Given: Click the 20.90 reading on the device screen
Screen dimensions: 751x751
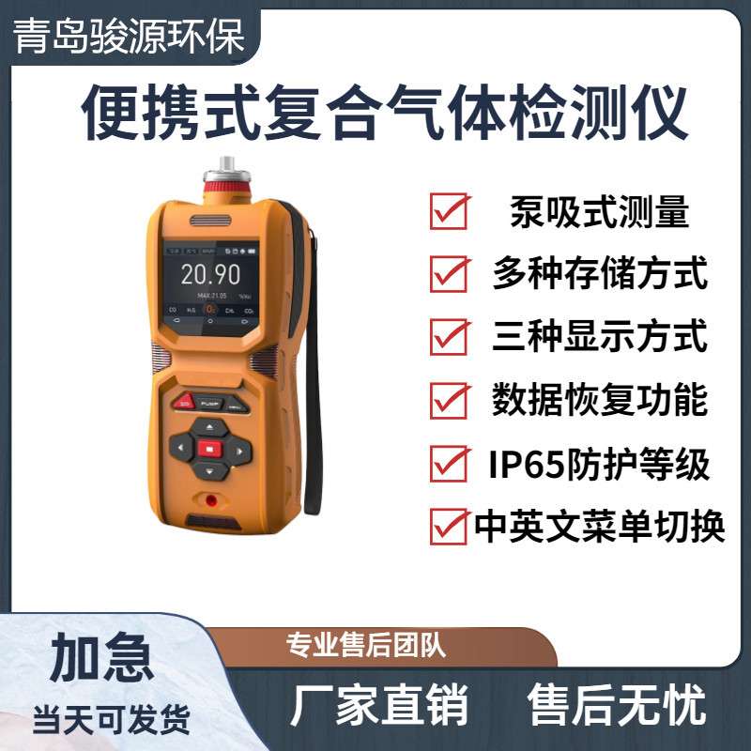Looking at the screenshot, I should (210, 274).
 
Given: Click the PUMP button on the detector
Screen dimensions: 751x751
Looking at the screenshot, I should (208, 403).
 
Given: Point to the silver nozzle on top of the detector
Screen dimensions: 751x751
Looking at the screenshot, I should (225, 171).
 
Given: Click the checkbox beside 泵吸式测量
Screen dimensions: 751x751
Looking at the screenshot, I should (449, 211).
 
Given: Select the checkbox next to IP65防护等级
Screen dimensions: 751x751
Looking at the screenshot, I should (449, 463).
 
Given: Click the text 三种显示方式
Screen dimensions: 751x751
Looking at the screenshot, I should (599, 337).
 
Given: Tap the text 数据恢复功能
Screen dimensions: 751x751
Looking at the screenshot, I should (599, 401).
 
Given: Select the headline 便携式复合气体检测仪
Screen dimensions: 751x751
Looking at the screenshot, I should (385, 115).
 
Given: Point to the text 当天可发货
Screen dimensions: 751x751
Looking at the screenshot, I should (111, 719).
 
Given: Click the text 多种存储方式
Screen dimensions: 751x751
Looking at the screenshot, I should (599, 275).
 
